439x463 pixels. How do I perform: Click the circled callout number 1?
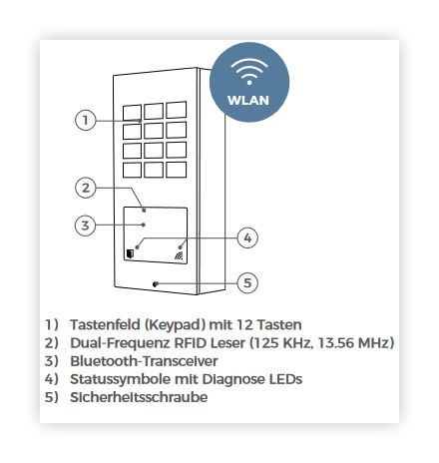point(86,120)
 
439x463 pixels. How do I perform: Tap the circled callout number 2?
point(86,188)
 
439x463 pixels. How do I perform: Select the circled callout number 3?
point(86,226)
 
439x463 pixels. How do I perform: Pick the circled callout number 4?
point(247,237)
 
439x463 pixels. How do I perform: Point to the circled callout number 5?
point(247,282)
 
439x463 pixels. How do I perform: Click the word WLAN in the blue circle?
point(248,100)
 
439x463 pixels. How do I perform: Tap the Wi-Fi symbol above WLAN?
point(249,71)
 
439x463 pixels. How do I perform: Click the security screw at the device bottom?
point(155,284)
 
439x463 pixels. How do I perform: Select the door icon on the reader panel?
point(130,254)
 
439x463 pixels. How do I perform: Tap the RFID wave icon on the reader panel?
point(179,255)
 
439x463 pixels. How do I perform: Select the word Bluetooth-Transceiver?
point(144,361)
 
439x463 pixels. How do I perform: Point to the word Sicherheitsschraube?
point(139,397)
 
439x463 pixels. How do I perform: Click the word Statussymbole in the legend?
point(120,379)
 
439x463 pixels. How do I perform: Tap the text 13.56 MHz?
point(353,342)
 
